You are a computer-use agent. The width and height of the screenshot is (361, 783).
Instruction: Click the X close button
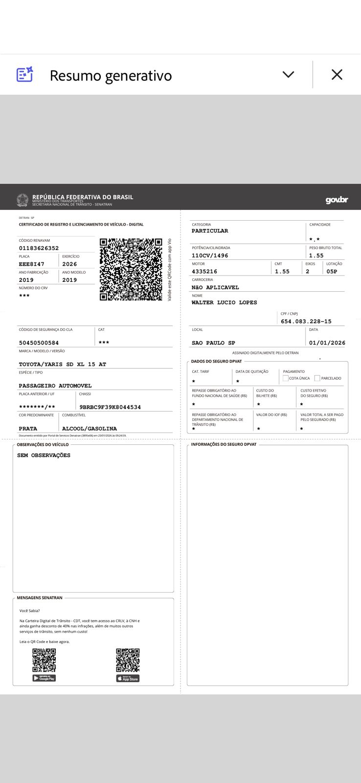coord(337,74)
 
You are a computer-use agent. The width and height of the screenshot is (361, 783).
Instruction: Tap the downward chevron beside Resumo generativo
coord(289,74)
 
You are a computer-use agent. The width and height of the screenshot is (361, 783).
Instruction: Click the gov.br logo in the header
coord(337,200)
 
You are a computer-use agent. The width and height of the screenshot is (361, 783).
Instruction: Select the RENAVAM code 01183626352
coord(39,248)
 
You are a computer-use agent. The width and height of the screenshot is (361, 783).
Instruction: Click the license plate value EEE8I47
coord(31,264)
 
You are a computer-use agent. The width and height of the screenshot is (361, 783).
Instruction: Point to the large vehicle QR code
coord(131,269)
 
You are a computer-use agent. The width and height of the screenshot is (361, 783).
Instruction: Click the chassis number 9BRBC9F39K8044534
coord(110,407)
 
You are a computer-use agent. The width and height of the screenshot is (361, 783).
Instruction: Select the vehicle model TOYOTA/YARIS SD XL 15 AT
coord(63,365)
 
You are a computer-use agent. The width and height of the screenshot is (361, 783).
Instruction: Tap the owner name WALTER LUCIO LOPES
coord(224,303)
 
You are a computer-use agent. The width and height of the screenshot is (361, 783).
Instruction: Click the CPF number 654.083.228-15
coord(306,322)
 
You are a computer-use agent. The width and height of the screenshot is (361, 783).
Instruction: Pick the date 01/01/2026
coord(327,343)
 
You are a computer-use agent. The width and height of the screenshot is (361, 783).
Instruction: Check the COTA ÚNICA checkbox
coord(286,378)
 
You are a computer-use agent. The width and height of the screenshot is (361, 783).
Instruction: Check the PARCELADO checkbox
coord(317,378)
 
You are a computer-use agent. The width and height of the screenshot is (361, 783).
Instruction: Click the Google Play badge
coord(44,678)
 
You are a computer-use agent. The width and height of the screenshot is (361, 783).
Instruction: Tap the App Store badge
coord(128,679)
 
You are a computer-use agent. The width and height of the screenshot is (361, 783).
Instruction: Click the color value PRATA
coord(28,429)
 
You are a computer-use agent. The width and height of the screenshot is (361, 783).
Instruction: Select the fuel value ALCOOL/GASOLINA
coord(90,429)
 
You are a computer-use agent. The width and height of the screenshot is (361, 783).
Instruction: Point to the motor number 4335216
coord(204,272)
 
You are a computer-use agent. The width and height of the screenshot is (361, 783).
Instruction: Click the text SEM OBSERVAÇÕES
coord(44,456)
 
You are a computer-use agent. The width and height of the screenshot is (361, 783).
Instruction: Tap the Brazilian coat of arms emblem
coord(23,200)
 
